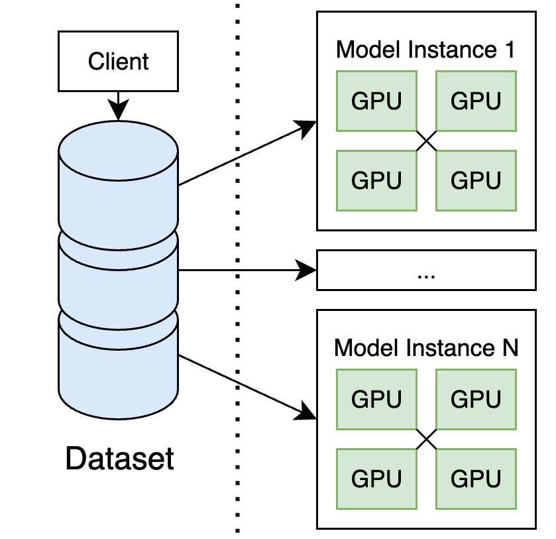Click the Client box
tap(119, 62)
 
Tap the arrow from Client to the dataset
tap(118, 105)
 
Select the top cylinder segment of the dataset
tap(118, 179)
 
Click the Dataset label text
tap(119, 458)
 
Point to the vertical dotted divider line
tap(237, 265)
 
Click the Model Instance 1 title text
tap(425, 50)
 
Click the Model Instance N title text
tap(425, 347)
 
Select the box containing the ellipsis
tap(425, 270)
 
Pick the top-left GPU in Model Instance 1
tap(376, 101)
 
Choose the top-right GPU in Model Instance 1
tap(475, 101)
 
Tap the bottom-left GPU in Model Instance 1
tap(376, 180)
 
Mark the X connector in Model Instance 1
tap(426, 141)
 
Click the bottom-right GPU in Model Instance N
tap(475, 479)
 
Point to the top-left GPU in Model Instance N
tap(376, 399)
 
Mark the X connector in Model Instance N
tap(426, 439)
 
